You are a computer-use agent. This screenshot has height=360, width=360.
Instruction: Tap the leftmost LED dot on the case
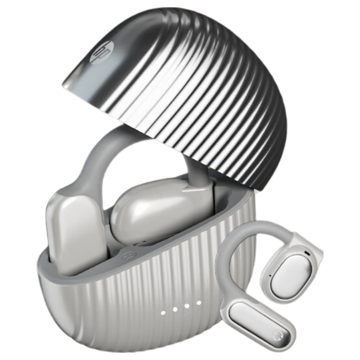pyautogui.click(x=163, y=313)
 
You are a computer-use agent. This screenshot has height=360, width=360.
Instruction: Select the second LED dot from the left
pyautogui.click(x=175, y=310)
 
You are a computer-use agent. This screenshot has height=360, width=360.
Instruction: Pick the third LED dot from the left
pyautogui.click(x=187, y=306)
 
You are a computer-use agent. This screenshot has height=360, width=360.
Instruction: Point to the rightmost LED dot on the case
pyautogui.click(x=199, y=303)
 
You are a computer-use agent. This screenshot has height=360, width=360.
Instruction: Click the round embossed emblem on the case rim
pyautogui.click(x=126, y=256)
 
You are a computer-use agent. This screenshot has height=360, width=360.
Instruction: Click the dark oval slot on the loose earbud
pyautogui.click(x=307, y=253)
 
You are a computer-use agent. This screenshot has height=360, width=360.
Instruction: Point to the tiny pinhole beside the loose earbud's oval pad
pyautogui.click(x=270, y=275)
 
